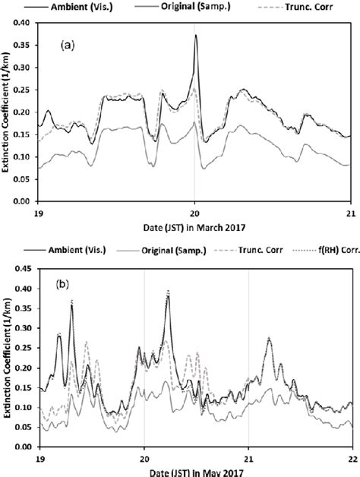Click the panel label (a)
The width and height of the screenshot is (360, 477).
coord(67,46)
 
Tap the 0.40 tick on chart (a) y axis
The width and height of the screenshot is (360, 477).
coord(26,24)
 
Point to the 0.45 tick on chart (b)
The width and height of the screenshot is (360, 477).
coord(26,268)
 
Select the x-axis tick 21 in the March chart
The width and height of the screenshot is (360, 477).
coord(349,211)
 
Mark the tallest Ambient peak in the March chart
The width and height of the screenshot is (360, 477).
coord(195,35)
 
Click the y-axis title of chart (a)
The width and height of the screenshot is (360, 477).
coord(7,112)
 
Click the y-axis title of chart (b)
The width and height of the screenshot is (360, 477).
coord(7,357)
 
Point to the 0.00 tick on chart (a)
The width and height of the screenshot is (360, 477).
coord(26,202)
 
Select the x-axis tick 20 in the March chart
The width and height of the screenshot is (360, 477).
coord(194,211)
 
